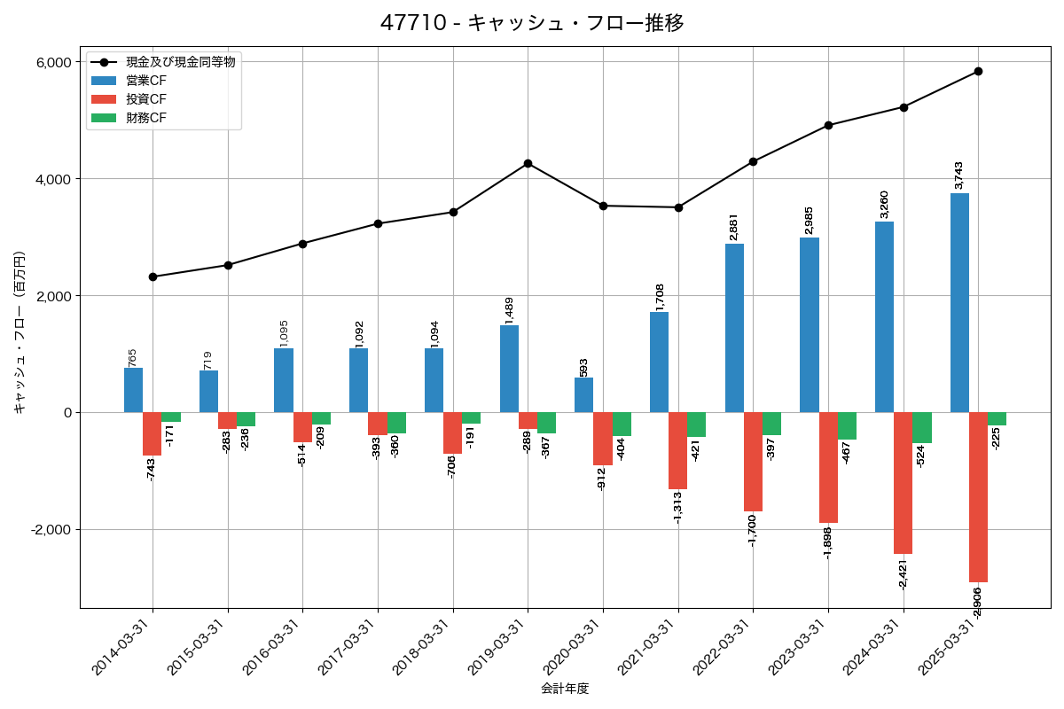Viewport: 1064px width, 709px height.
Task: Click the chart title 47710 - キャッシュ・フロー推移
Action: coord(532,23)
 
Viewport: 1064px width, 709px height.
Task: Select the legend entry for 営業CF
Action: coord(145,81)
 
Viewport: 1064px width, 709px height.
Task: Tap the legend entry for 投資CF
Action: coord(145,99)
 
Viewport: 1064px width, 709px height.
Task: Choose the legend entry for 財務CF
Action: coord(145,118)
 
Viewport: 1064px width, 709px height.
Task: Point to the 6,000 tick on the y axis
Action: coord(53,62)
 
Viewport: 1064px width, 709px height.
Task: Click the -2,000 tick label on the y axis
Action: coord(50,530)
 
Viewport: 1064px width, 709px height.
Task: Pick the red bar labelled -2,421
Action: coord(903,483)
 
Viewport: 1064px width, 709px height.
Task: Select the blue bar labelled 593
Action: coord(584,395)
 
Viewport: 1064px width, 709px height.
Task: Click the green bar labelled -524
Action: coord(922,428)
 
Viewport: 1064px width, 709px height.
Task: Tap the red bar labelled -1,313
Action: coord(677,450)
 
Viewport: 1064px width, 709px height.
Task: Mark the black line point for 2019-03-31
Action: coord(528,163)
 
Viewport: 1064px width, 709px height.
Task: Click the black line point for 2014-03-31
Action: coord(153,277)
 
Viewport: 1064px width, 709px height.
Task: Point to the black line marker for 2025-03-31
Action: coord(978,71)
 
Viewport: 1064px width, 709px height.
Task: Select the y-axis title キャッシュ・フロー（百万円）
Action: coord(19,332)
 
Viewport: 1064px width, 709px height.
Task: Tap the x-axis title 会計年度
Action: coord(565,689)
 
